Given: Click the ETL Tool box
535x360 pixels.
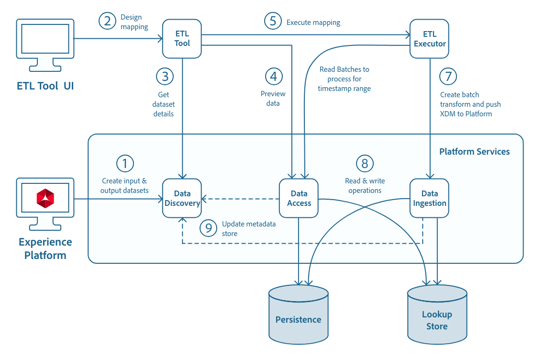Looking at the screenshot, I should coord(182,39).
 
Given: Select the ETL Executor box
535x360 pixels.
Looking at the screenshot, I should coord(429,39).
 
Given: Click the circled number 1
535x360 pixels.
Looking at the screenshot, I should coord(125,164).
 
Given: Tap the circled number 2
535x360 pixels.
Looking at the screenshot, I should coord(108,21).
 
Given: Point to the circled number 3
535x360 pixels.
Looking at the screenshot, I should coord(165,76).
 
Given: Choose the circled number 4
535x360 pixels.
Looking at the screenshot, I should coord(274,76).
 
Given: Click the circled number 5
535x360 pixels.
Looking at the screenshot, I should coord(273,22).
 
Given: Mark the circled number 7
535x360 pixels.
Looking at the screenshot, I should coord(448,76).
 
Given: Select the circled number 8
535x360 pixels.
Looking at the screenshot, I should coord(365,164).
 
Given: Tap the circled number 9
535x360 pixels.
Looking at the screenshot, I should coord(208,228).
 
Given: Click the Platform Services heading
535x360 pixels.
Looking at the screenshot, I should coord(474,152).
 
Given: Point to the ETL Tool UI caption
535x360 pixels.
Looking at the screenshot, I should coord(45,86).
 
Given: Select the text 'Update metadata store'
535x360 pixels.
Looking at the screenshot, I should coord(248,229).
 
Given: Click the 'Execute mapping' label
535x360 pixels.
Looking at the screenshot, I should coord(313,22).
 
